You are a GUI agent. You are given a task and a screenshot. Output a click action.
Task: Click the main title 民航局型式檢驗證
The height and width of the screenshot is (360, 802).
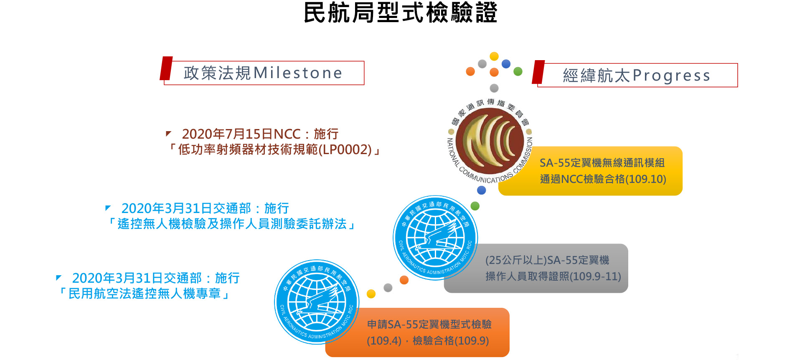point(400,13)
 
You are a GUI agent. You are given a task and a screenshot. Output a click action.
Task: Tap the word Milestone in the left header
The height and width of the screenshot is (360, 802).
point(298,73)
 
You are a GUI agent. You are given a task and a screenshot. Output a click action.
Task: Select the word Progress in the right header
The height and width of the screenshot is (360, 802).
point(671,76)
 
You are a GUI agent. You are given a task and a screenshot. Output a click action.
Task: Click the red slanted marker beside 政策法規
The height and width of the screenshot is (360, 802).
point(166,68)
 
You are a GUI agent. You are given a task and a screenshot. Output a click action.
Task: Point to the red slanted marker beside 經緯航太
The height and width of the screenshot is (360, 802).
point(538,72)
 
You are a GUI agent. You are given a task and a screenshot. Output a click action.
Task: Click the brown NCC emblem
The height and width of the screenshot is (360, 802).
point(490,141)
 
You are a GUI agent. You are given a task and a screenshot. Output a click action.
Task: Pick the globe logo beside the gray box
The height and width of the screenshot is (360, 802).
point(435,238)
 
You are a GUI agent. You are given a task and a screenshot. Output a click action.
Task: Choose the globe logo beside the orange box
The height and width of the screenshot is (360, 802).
point(317,302)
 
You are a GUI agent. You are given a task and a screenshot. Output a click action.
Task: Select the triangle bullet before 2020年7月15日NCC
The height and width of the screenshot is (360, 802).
point(168,134)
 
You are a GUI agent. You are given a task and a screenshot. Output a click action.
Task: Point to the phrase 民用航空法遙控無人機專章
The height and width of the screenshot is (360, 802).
point(145,294)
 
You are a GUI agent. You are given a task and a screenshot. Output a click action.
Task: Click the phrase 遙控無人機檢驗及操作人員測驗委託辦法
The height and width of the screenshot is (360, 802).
point(232,224)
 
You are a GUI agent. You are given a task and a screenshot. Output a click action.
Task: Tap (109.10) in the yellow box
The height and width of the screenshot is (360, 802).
point(645,179)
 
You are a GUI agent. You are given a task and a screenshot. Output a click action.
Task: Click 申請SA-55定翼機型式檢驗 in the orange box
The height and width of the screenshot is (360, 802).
point(429,325)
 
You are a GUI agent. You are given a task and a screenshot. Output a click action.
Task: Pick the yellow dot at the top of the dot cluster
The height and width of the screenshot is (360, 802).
point(494,56)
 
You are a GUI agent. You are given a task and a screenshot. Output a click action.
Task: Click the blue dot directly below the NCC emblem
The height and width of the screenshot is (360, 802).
point(482,190)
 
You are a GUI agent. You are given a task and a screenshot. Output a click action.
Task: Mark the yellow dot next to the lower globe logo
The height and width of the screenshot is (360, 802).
point(371,294)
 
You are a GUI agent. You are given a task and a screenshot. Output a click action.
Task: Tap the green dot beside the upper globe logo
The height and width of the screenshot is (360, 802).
point(475,206)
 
